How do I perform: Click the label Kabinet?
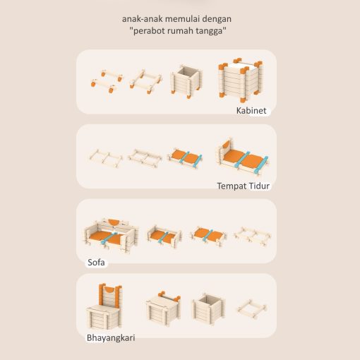251,111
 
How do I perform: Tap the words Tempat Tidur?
243,186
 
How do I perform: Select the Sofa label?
96,262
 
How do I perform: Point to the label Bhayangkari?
111,338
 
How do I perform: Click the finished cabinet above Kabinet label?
240,80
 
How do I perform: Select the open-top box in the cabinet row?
186,82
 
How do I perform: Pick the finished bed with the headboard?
242,157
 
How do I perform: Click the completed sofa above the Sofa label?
111,236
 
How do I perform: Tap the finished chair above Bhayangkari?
104,306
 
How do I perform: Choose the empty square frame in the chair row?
251,308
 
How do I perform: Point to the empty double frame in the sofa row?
252,236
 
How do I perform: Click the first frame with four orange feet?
107,81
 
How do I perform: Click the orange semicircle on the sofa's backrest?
114,222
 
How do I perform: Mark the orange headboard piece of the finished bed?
226,145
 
